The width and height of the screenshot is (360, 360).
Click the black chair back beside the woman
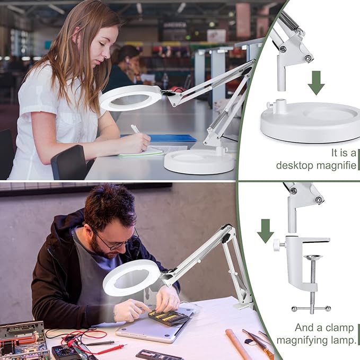point(69,162)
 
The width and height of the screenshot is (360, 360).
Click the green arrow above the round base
point(316,82)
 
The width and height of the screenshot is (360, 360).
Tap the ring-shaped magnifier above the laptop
point(131,278)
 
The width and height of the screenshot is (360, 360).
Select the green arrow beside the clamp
point(266,230)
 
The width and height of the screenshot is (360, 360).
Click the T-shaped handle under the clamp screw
point(311,308)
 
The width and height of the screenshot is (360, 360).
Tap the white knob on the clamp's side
point(277,245)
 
